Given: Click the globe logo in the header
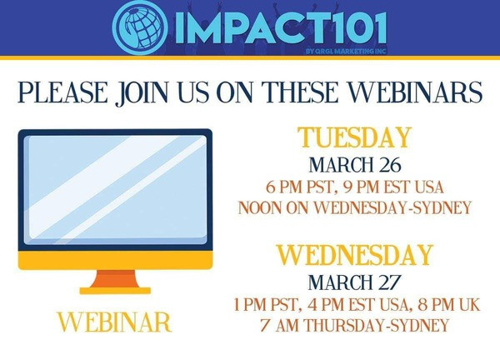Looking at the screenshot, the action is click(140, 27).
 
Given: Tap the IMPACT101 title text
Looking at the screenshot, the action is click(282, 27).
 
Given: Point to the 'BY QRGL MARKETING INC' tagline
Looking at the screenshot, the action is click(346, 51).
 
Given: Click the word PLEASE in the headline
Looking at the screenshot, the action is click(63, 92).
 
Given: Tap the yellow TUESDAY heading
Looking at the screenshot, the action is click(355, 137).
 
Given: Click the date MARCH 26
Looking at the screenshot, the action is click(355, 164).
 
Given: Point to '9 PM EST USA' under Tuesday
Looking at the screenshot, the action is click(393, 187).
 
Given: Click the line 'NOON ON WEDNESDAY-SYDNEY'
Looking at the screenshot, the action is click(355, 207).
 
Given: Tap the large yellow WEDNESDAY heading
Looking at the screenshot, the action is click(355, 255).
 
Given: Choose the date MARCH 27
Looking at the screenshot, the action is click(354, 282).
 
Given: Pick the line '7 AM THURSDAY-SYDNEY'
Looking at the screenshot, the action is click(355, 326).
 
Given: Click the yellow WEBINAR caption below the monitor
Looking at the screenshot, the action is click(114, 322).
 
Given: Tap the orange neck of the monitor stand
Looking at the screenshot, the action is click(115, 279).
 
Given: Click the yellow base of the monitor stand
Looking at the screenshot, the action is click(115, 291).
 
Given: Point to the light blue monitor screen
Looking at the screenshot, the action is click(116, 190).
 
